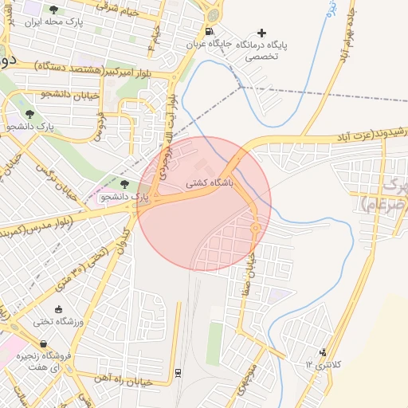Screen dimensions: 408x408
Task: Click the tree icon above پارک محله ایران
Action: pos(53,10)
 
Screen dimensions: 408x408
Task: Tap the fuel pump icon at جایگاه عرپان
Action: pos(209,32)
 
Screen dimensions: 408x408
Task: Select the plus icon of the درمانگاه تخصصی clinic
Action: pos(262,32)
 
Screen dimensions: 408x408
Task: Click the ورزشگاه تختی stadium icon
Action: pos(58,309)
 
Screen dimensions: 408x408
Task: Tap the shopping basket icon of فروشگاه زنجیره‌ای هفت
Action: pos(53,344)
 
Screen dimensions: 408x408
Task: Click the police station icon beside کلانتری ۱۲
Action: pos(323,351)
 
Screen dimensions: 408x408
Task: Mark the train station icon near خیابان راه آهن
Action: pos(177,371)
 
